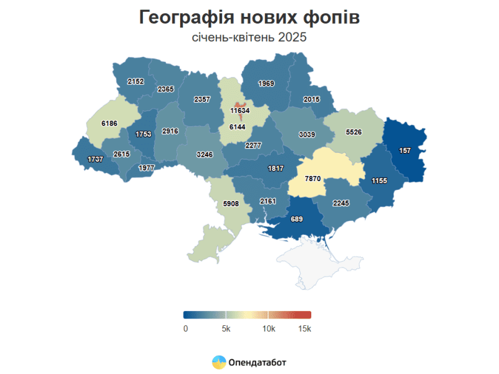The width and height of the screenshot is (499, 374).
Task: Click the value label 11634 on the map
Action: point(240,111)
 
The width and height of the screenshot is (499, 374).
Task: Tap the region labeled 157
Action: point(405,150)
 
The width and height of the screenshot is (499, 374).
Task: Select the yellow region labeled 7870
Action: point(312,178)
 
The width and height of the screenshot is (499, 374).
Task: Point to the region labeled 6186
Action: point(109,124)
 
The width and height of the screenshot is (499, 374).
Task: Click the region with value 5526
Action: point(353,132)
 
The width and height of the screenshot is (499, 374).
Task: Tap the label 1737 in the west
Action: point(95,159)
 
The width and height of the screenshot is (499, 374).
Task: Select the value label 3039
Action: point(306,134)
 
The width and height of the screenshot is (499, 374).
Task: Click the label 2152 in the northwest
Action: point(135,82)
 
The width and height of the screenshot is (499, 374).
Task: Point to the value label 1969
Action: point(266,84)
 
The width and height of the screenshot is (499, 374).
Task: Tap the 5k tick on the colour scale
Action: point(226,328)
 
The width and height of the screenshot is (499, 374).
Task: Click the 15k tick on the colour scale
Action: point(305,328)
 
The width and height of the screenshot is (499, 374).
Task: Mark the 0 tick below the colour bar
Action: point(185,328)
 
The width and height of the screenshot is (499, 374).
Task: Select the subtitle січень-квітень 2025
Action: point(249,37)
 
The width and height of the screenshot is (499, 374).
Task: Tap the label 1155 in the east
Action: point(380,180)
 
